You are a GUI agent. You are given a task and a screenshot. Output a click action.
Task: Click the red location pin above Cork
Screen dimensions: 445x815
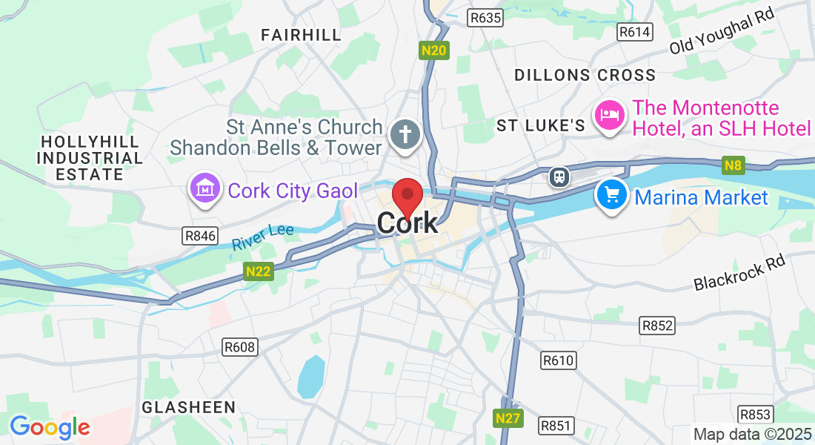407,197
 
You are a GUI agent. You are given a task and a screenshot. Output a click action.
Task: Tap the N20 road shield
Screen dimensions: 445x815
434,50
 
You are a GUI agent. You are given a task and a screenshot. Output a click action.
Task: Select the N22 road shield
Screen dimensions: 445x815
259,271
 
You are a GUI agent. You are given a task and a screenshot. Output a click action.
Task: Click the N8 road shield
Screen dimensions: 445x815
733,165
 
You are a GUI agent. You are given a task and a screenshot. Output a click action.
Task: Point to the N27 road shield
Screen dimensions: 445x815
508,418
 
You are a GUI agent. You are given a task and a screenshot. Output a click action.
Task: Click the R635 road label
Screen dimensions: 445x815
486,16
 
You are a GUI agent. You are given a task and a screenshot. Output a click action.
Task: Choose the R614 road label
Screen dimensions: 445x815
635,31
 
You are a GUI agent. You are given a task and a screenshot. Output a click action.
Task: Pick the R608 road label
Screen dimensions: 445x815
239,346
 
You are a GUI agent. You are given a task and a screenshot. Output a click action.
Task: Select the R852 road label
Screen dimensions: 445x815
657,325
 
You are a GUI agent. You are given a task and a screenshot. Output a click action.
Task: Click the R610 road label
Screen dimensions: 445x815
558,360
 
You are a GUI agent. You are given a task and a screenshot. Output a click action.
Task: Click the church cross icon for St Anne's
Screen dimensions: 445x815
406,135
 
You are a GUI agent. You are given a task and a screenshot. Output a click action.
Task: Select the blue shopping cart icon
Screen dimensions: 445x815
611,196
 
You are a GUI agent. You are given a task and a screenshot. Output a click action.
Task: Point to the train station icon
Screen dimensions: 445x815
559,177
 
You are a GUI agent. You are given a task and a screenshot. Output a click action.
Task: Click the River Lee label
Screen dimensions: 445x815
262,237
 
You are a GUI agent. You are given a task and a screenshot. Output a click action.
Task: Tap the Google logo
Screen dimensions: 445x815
50,427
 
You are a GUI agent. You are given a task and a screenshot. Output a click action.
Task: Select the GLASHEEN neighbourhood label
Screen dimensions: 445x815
188,407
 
